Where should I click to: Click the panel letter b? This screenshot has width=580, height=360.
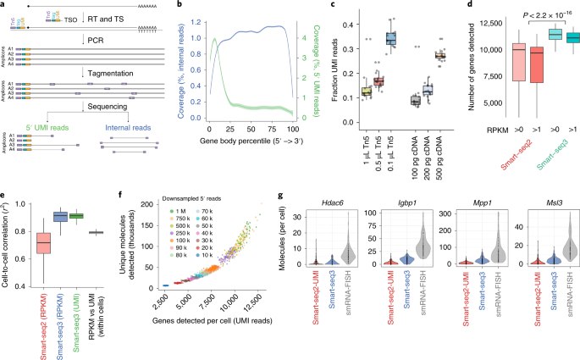pos(163,6)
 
